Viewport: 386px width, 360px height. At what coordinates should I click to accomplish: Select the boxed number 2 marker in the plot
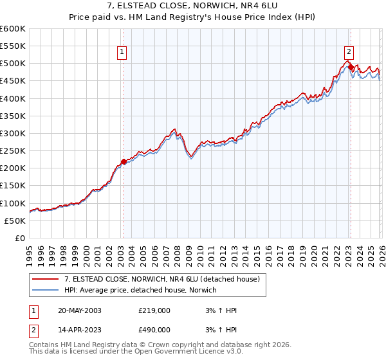[x=349, y=53]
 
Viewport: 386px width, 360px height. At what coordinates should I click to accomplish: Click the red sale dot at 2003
[x=124, y=162]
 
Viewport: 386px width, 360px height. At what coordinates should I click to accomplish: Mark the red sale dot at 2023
[x=351, y=67]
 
